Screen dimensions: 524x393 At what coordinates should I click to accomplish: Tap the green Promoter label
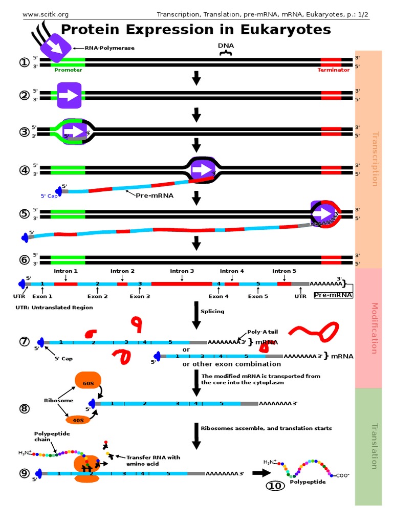coord(68,70)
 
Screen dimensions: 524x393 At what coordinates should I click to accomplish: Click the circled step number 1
coord(24,62)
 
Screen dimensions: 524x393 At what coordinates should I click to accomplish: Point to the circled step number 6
coord(24,259)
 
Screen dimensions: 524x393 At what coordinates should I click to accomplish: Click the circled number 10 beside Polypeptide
coord(275,486)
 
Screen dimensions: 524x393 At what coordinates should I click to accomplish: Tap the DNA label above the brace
coord(226,46)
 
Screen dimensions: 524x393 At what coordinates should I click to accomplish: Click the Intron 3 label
coord(182,271)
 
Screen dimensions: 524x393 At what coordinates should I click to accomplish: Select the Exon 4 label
coord(219,296)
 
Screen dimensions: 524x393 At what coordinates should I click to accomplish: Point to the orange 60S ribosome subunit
coord(85,380)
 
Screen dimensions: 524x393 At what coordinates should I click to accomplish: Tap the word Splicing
coord(212,311)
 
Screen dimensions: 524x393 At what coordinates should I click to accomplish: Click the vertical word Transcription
coord(375,159)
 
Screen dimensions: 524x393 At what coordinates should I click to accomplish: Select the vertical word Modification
coord(375,328)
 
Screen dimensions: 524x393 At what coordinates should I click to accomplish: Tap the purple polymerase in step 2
coord(69,96)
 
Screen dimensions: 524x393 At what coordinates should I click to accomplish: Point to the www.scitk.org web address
coord(46,14)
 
